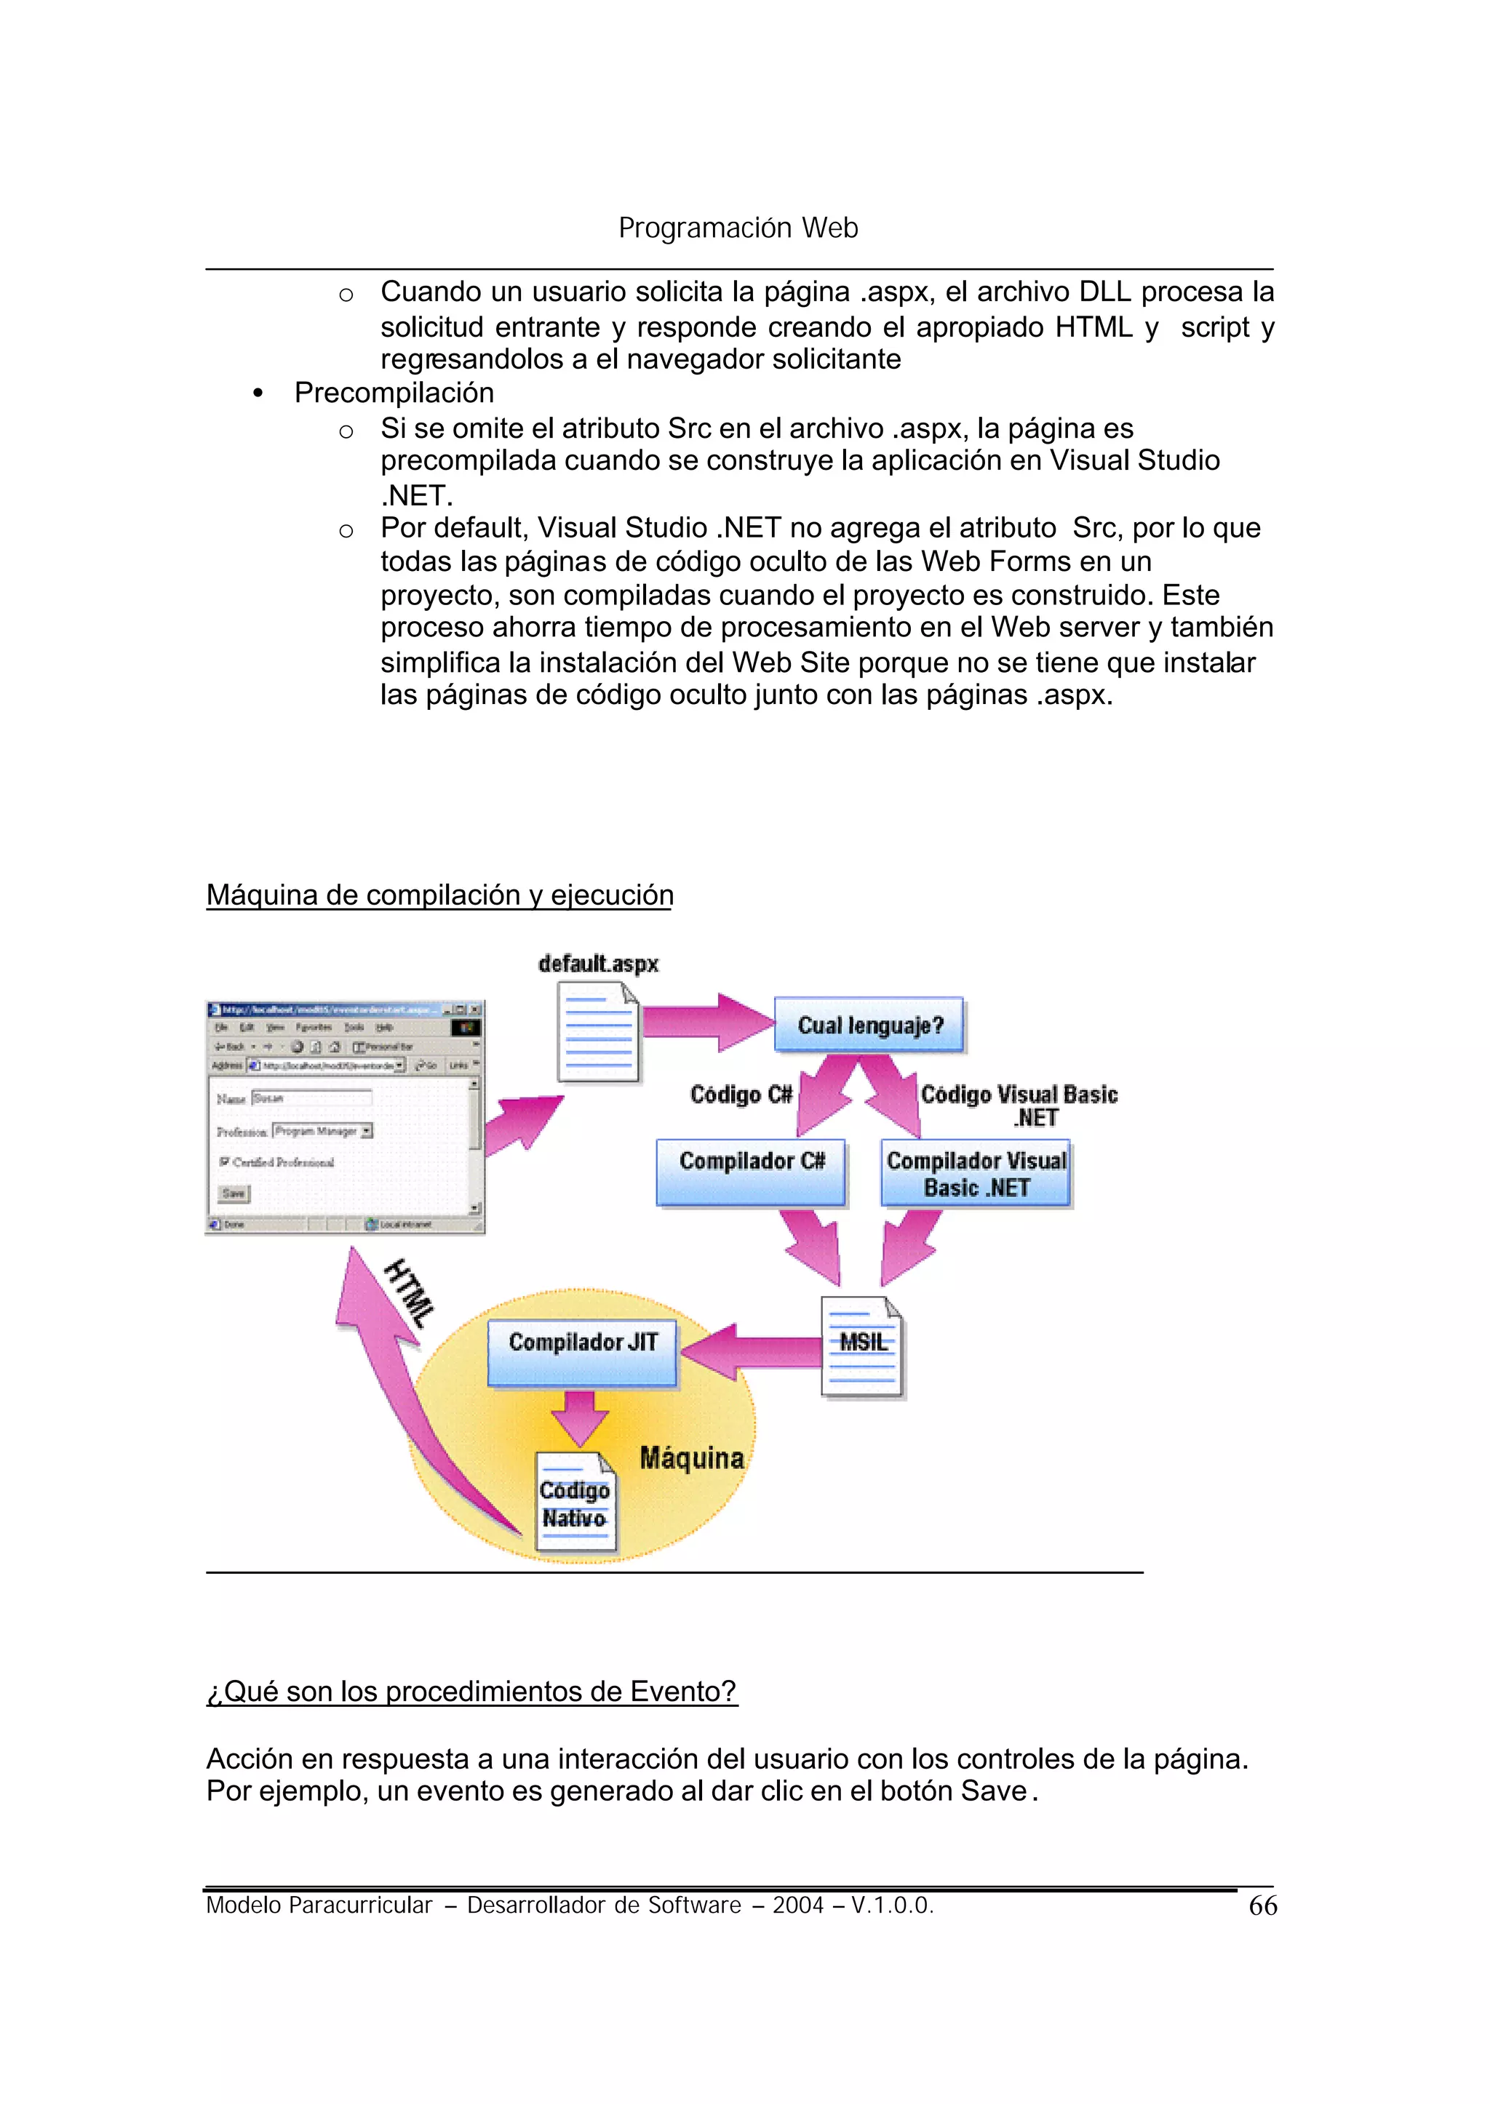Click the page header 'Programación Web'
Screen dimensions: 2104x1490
pyautogui.click(x=738, y=228)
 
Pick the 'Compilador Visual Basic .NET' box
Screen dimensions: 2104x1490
pyautogui.click(x=976, y=1173)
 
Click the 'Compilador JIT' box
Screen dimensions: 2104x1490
pyautogui.click(x=582, y=1351)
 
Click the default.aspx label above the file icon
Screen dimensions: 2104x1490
pyautogui.click(x=598, y=964)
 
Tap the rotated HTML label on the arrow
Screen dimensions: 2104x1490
pyautogui.click(x=409, y=1293)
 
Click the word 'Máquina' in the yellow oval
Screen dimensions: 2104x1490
pyautogui.click(x=692, y=1458)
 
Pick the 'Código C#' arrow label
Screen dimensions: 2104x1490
pyautogui.click(x=741, y=1095)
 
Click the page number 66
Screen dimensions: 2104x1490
pyautogui.click(x=1262, y=1906)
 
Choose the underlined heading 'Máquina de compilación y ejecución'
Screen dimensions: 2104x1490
pyautogui.click(x=439, y=895)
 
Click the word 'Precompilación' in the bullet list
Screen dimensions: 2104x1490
pyautogui.click(x=394, y=393)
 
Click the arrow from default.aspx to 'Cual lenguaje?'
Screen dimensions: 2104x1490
pyautogui.click(x=706, y=1021)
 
